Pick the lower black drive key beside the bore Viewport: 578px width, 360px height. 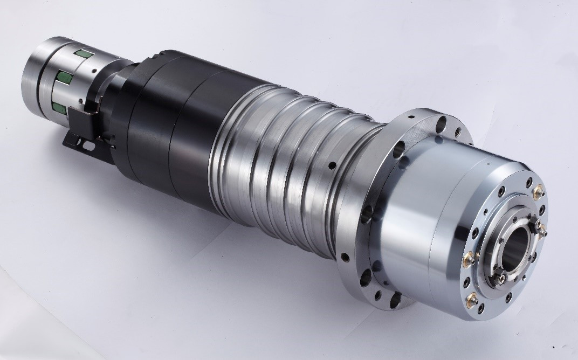[500, 278]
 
